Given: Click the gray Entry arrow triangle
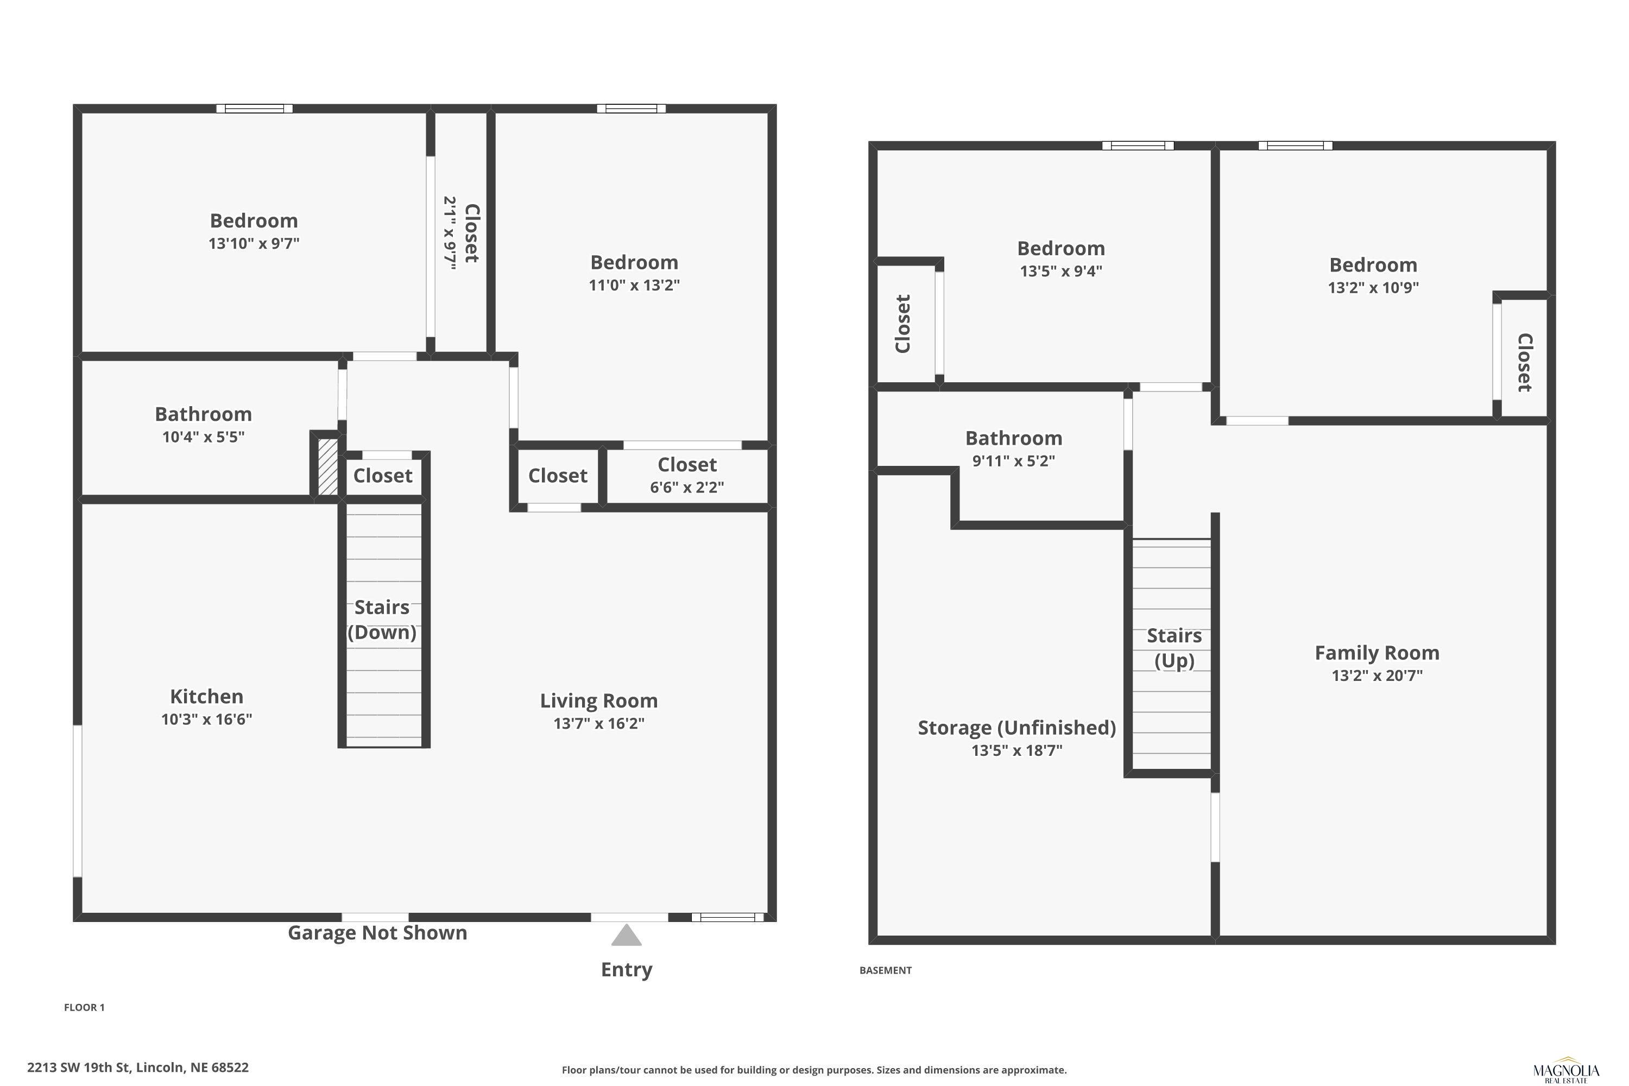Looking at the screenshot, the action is click(x=626, y=935).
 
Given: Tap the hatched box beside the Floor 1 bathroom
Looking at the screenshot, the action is click(x=327, y=467).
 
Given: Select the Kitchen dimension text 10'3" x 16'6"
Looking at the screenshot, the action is click(x=206, y=719).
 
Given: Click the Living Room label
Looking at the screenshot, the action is click(x=599, y=701).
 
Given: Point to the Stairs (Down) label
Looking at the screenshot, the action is click(x=382, y=620).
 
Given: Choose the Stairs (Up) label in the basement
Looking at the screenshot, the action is click(x=1174, y=648).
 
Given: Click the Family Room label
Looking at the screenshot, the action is click(x=1377, y=653).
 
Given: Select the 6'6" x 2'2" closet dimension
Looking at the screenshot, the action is click(x=687, y=487).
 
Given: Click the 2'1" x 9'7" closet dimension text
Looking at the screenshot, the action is click(x=450, y=233).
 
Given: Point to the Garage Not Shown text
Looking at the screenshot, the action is click(x=377, y=933).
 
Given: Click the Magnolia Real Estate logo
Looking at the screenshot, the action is click(x=1566, y=1072).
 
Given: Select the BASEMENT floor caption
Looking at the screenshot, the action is click(x=885, y=970).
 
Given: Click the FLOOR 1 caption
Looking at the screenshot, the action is click(x=85, y=1007).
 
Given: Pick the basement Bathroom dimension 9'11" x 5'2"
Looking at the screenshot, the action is click(x=1013, y=460).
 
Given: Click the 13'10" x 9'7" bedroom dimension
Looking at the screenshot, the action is click(x=254, y=243).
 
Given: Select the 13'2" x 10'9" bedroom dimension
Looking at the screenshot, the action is click(x=1373, y=287).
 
